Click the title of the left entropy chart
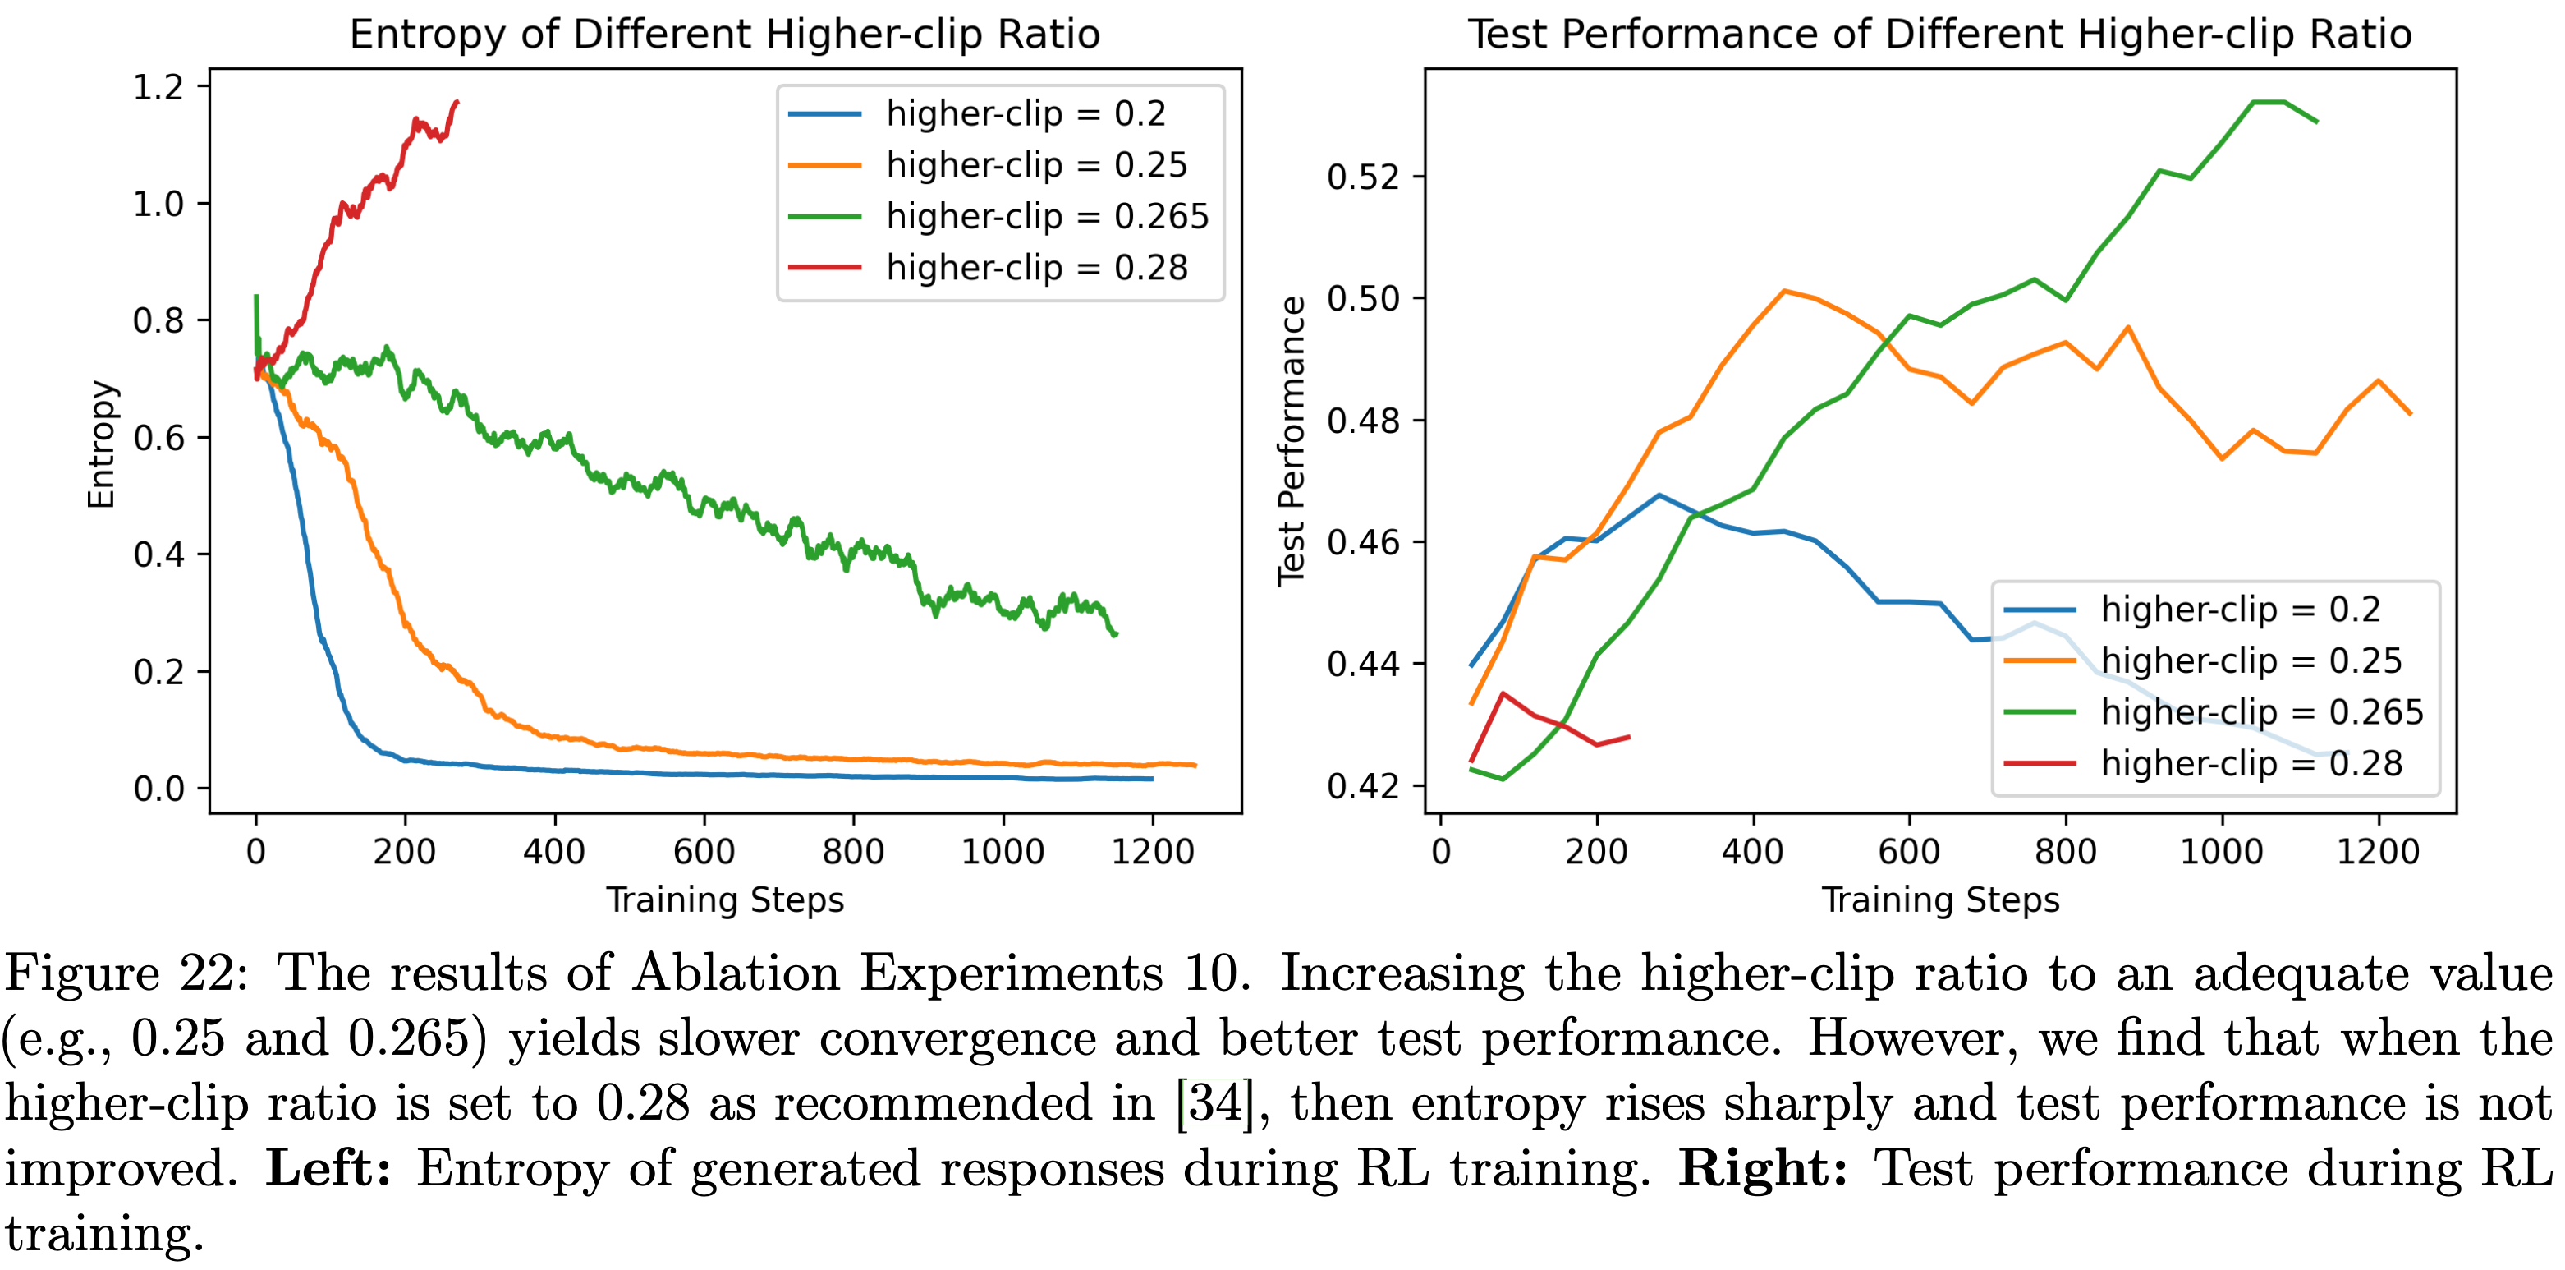[x=725, y=34]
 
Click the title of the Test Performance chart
[x=1939, y=34]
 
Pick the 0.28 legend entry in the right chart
[x=2251, y=763]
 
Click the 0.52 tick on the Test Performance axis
[x=1363, y=177]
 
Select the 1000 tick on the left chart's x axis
[x=1003, y=852]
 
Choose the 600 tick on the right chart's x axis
[x=1909, y=852]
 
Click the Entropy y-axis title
[x=102, y=444]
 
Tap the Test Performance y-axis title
[x=1292, y=440]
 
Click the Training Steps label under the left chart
[x=725, y=900]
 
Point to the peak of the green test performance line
[x=2269, y=102]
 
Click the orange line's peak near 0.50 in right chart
[x=1784, y=291]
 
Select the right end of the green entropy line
[x=1115, y=633]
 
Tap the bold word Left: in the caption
[x=328, y=1168]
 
